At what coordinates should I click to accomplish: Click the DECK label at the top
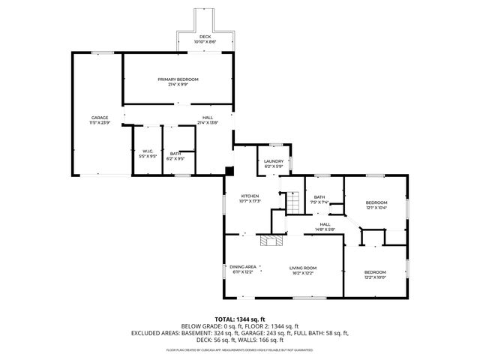(204, 36)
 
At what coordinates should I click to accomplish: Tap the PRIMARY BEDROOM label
(178, 79)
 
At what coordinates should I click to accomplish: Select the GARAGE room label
(100, 117)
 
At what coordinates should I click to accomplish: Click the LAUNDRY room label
(273, 160)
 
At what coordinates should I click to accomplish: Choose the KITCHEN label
(250, 196)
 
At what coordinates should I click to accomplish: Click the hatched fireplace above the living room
(268, 240)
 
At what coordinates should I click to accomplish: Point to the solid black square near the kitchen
(229, 169)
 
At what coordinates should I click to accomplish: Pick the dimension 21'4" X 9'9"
(178, 84)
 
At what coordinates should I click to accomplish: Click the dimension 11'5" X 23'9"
(100, 122)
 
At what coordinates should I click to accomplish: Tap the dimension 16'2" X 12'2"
(303, 272)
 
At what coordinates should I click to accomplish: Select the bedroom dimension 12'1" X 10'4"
(376, 208)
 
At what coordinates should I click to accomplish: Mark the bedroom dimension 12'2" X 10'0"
(375, 277)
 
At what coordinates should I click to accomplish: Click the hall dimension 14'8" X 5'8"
(325, 229)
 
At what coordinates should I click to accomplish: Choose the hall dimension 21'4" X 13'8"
(207, 122)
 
